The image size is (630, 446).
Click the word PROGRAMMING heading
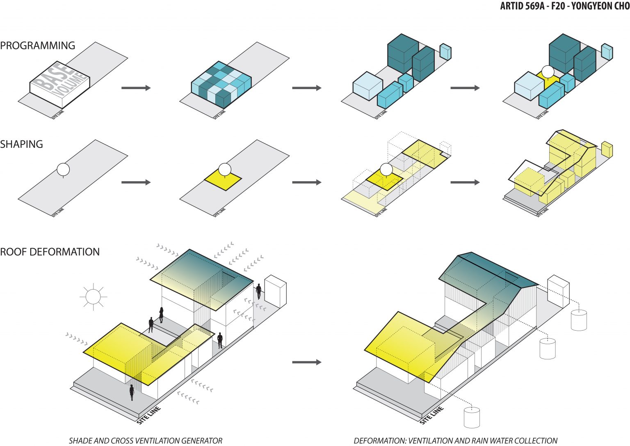(37, 46)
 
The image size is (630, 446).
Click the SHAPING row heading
(21, 144)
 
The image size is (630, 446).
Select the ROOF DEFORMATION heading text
(50, 252)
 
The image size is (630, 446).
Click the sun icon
(93, 297)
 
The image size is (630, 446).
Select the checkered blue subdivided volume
(221, 84)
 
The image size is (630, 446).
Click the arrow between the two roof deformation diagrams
(306, 362)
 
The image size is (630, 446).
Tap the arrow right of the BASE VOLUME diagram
(136, 88)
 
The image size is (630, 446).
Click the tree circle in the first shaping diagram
(63, 169)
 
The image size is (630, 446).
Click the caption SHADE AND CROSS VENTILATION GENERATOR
(145, 441)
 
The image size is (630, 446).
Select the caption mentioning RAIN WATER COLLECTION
(455, 441)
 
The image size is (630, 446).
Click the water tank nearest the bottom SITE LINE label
(472, 418)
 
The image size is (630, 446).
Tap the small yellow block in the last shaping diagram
(607, 149)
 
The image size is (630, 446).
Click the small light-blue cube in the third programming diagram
(445, 51)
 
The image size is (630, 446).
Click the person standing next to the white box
(259, 291)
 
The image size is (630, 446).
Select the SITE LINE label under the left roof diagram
(148, 415)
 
